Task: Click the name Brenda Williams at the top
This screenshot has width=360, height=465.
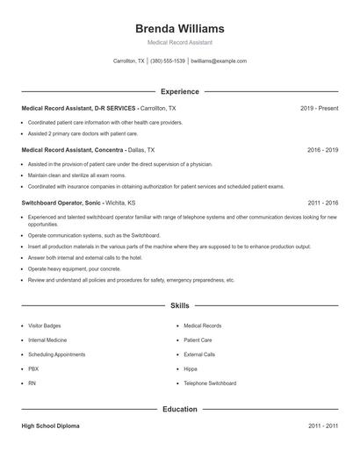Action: (x=180, y=28)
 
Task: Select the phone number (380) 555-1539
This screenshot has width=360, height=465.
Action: (x=168, y=61)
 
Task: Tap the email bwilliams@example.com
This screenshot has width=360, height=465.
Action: (x=220, y=61)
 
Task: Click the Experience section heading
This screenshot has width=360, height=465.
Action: (x=180, y=91)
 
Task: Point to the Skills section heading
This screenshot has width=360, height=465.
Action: (x=180, y=306)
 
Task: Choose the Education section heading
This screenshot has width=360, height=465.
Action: (x=180, y=409)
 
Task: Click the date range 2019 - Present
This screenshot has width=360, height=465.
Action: (x=319, y=108)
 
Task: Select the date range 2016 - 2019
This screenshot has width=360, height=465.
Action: (x=322, y=150)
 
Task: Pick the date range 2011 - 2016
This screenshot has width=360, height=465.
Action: (x=322, y=202)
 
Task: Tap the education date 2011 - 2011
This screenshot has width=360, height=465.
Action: (x=322, y=426)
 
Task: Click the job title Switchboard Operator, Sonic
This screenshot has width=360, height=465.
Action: (x=62, y=202)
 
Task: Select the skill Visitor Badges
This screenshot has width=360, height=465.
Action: (x=45, y=325)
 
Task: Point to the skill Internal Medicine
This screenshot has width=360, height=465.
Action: (x=47, y=340)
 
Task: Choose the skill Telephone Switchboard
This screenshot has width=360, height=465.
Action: (x=210, y=383)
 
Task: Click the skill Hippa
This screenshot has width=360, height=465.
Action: (x=191, y=369)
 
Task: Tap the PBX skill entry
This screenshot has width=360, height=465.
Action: (x=33, y=369)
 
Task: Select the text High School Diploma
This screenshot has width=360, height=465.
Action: (x=50, y=426)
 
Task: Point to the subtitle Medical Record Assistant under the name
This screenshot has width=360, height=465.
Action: (x=180, y=42)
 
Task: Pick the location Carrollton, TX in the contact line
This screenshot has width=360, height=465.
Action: (x=129, y=61)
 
